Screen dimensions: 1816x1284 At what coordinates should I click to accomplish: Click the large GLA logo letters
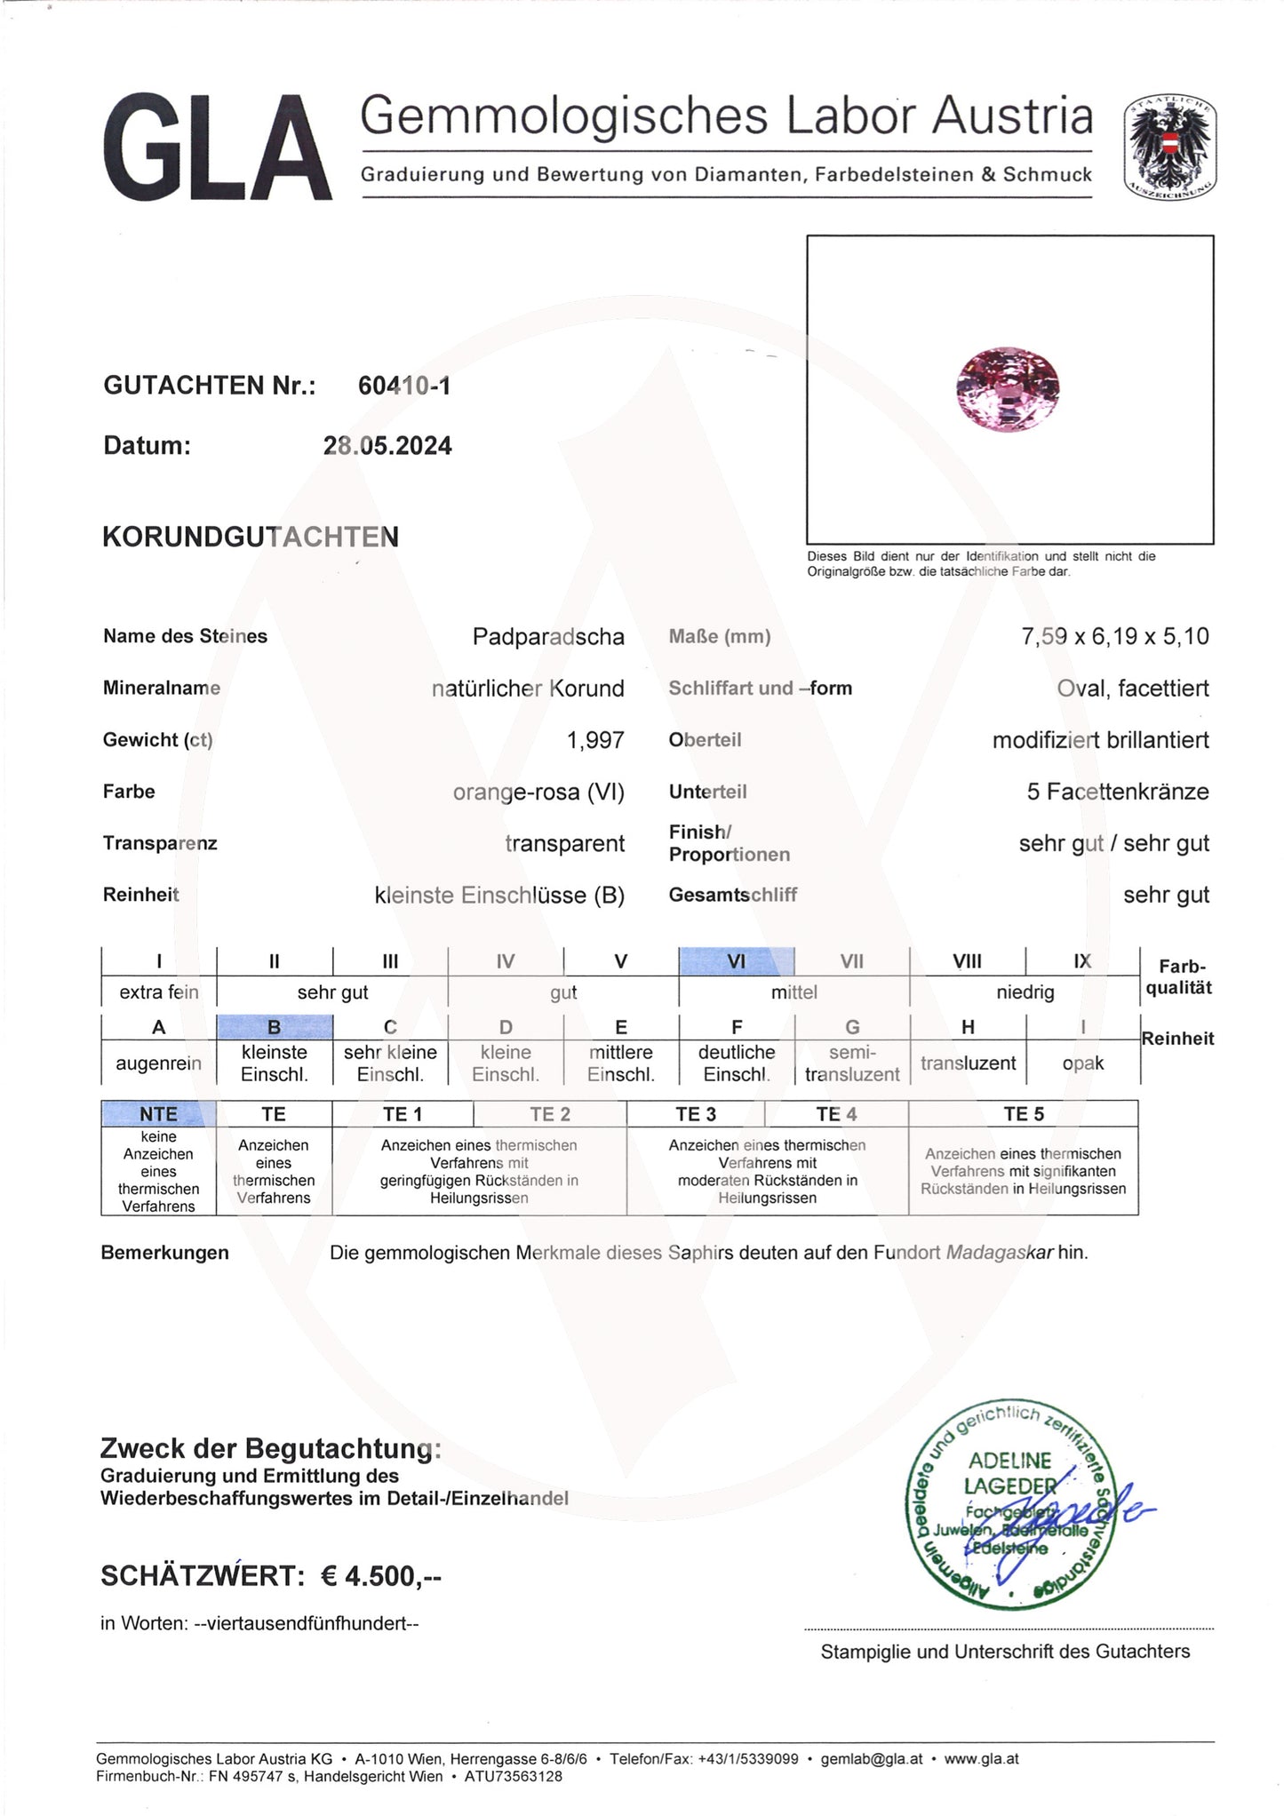(218, 147)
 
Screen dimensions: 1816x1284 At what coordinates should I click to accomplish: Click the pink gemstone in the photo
(1009, 388)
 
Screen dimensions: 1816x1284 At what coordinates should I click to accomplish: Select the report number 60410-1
(403, 386)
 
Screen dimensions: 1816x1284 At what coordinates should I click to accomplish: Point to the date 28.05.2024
(387, 445)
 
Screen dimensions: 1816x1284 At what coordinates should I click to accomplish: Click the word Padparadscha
(548, 636)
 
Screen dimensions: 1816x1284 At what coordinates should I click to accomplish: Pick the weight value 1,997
(595, 739)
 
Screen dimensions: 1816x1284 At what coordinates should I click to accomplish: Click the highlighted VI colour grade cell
(736, 961)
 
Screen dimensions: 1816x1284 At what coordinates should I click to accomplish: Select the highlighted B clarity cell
(275, 1027)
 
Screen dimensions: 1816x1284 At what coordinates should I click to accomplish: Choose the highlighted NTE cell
(158, 1113)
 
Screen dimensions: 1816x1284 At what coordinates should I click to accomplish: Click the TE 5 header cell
(1023, 1113)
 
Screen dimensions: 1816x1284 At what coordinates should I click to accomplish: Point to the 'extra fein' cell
(159, 992)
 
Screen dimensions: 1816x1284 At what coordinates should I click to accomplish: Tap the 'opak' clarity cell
(1082, 1063)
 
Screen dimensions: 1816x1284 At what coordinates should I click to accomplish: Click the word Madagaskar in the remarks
(1000, 1253)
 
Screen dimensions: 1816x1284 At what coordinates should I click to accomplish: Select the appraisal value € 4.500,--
(381, 1575)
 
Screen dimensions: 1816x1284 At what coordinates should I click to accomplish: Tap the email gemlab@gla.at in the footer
(872, 1758)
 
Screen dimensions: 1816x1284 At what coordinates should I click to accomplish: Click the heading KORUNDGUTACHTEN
(251, 537)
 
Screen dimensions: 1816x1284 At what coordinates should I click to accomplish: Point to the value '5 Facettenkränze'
(1117, 791)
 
